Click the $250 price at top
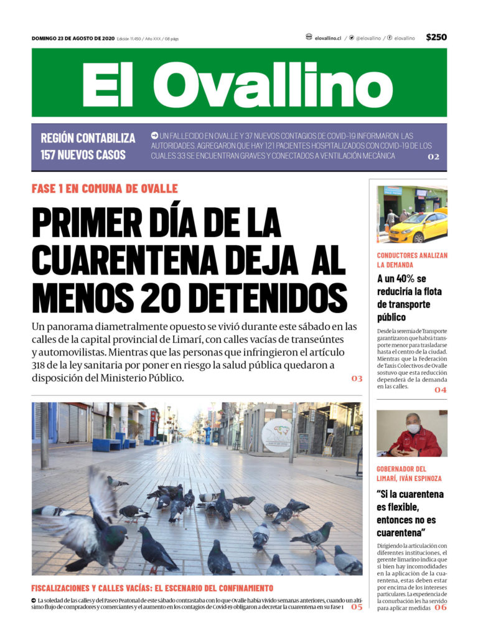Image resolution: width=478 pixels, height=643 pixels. pyautogui.click(x=436, y=37)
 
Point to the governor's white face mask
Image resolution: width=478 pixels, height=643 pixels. pyautogui.click(x=412, y=429)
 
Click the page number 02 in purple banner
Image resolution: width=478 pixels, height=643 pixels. pyautogui.click(x=433, y=157)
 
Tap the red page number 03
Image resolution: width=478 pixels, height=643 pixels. pyautogui.click(x=356, y=378)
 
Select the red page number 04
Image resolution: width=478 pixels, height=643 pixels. pyautogui.click(x=441, y=390)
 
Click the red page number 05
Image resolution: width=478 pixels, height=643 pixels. pyautogui.click(x=356, y=606)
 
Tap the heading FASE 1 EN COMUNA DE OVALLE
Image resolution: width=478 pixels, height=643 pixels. pyautogui.click(x=105, y=189)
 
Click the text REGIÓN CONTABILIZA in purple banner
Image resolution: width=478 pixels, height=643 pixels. pyautogui.click(x=88, y=138)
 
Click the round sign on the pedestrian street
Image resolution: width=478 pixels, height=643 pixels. pyautogui.click(x=276, y=431)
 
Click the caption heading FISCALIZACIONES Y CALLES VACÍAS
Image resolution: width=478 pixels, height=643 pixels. pyautogui.click(x=152, y=588)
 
